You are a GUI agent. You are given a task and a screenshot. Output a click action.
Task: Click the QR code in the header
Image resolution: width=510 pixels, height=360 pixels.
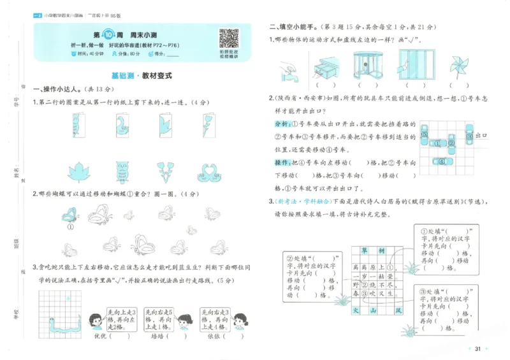pyautogui.click(x=229, y=39)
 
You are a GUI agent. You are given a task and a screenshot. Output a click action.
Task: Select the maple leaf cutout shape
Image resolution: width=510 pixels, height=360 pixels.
pyautogui.click(x=81, y=171)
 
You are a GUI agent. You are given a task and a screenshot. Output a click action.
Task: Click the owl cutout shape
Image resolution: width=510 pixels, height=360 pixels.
pyautogui.click(x=122, y=172)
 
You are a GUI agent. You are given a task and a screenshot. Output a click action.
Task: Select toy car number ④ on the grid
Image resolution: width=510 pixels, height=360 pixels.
pyautogui.click(x=443, y=161)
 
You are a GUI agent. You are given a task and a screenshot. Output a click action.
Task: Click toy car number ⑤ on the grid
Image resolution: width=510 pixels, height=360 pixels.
pyautogui.click(x=425, y=135)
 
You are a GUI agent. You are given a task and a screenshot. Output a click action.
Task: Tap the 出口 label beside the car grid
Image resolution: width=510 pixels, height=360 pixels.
pyautogui.click(x=483, y=136)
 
